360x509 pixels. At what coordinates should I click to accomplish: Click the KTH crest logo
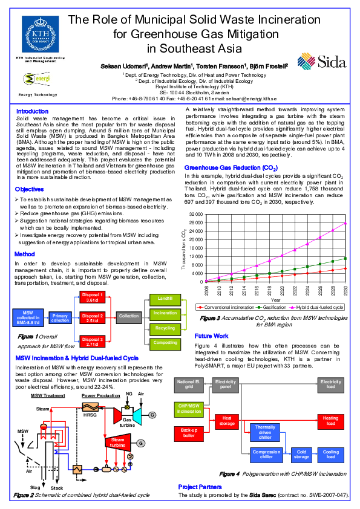coord(41,35)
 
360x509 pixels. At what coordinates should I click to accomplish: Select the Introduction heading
coord(32,111)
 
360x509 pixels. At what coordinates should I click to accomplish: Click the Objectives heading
coord(29,190)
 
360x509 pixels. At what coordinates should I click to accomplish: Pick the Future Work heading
coord(211,336)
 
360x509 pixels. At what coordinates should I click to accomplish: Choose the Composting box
coord(165,342)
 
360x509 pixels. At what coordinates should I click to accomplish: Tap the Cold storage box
coord(301,454)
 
